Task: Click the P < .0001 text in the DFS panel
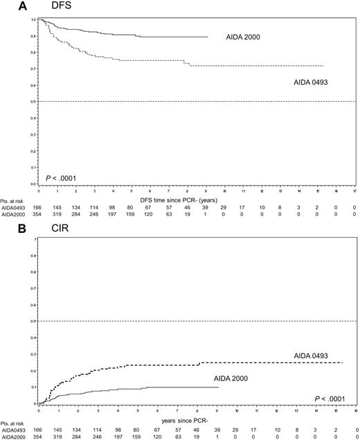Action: [62, 178]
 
